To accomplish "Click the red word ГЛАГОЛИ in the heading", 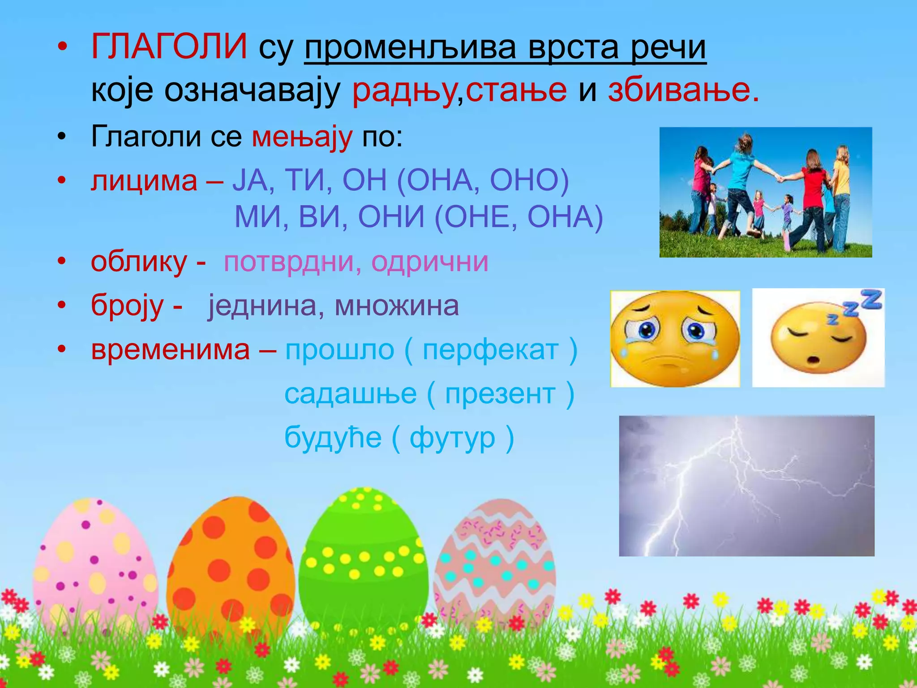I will [x=169, y=47].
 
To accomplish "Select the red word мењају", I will [x=302, y=137].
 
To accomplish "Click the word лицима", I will [x=144, y=181].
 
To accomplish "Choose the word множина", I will [x=397, y=306].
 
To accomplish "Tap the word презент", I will [x=500, y=394].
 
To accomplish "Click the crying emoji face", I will [x=675, y=339].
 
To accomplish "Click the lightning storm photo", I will [x=746, y=486].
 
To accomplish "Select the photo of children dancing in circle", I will [x=766, y=192].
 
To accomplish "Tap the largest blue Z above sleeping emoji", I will [x=871, y=299].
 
